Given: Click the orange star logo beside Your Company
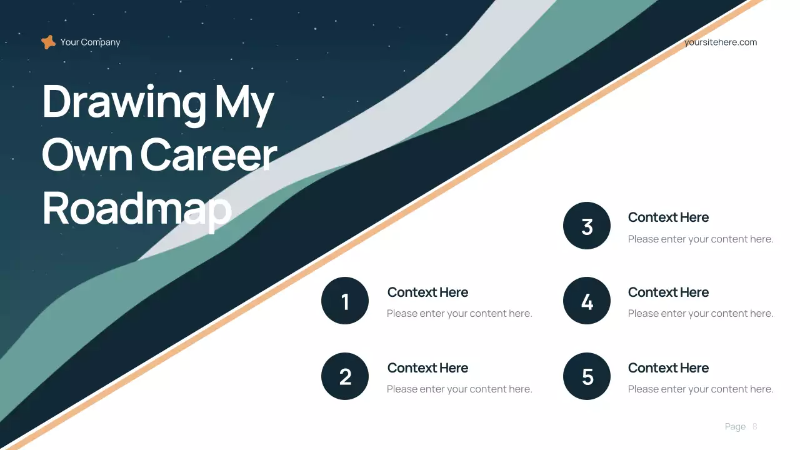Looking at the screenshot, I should tap(48, 42).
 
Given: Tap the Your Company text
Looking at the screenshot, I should tap(90, 42).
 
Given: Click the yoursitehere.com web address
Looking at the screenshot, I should tap(720, 42).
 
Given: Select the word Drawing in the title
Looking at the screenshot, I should tap(124, 102).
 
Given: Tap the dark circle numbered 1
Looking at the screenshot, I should tap(345, 301).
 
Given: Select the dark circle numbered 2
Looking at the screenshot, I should tap(345, 376).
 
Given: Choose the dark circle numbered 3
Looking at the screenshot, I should tap(587, 226).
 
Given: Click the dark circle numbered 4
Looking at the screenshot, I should tap(587, 301).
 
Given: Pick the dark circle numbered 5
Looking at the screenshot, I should tap(587, 376).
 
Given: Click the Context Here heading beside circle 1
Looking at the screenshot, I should tap(427, 292).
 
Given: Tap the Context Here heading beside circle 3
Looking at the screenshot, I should tap(668, 217).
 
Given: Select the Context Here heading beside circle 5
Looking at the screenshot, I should tap(668, 368).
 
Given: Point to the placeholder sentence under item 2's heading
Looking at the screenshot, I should tap(459, 389).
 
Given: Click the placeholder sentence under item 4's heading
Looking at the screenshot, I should tap(701, 313).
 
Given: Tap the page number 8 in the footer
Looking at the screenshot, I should tap(755, 426).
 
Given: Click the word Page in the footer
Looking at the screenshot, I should tap(735, 426).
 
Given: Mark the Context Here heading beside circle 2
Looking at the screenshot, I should tap(427, 368).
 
